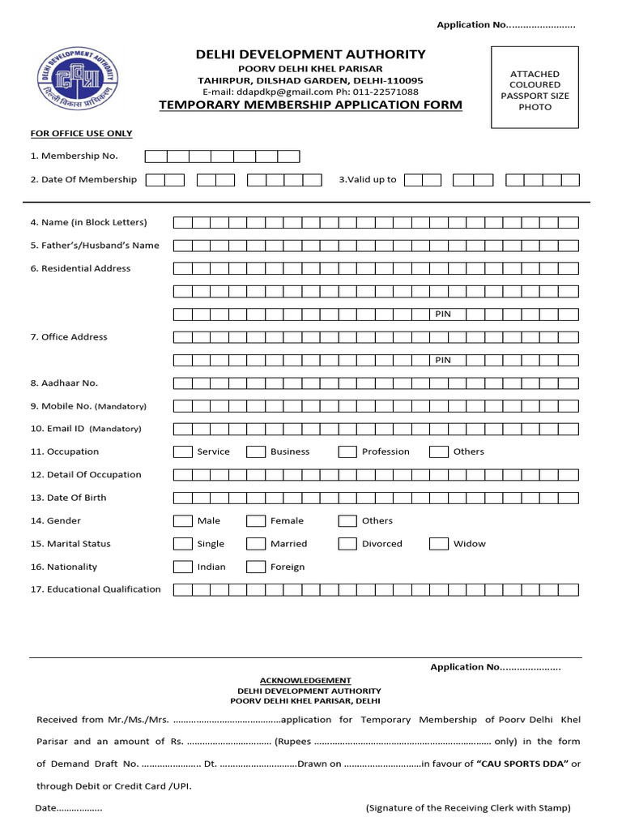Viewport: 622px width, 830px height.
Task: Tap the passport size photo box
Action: click(x=535, y=88)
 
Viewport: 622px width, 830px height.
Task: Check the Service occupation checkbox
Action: click(x=183, y=452)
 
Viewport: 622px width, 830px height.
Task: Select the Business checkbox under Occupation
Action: click(x=256, y=452)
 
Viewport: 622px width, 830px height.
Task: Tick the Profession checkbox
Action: click(x=347, y=452)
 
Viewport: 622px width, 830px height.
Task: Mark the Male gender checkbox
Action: click(x=183, y=521)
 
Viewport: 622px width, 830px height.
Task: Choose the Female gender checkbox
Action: click(x=256, y=521)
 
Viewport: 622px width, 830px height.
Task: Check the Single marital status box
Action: click(x=183, y=544)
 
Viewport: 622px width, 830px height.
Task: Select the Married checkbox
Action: click(x=256, y=544)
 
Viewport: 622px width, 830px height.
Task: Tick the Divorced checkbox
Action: click(x=347, y=544)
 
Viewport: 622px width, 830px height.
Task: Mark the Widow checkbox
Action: click(x=439, y=544)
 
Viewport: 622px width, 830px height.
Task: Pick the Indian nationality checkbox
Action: click(x=183, y=567)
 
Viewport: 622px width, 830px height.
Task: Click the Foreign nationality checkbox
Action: click(x=256, y=567)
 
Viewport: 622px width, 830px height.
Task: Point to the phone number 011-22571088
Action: click(x=390, y=92)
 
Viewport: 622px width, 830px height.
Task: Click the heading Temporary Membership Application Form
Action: click(x=311, y=105)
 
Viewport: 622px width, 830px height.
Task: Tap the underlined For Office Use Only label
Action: click(x=81, y=134)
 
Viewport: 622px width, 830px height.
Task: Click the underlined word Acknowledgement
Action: click(x=305, y=680)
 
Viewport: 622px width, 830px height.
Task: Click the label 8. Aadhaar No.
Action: click(x=64, y=383)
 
